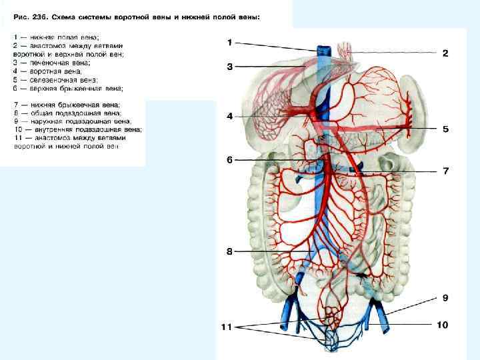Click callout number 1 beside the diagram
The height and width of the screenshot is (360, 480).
click(229, 42)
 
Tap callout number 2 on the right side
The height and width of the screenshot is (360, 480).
click(445, 52)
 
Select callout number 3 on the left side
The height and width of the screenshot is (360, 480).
click(229, 66)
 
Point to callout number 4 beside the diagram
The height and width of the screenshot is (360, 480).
click(229, 116)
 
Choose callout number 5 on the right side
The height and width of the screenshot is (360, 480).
click(445, 128)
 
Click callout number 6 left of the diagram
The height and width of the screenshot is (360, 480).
click(229, 160)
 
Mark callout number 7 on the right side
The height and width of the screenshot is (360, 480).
click(445, 171)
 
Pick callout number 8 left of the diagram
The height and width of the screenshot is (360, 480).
click(229, 251)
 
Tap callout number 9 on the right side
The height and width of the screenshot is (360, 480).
click(445, 297)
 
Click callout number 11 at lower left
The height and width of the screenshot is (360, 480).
click(227, 327)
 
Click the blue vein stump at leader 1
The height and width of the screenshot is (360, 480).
click(324, 52)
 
